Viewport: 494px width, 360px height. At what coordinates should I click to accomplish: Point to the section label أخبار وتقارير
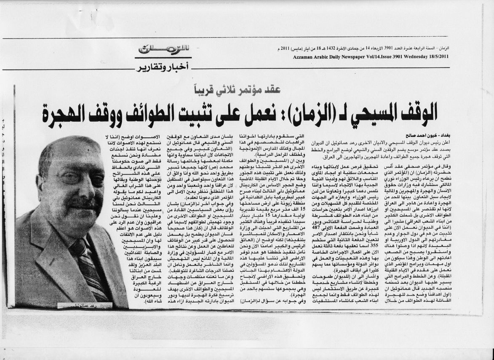coord(162,66)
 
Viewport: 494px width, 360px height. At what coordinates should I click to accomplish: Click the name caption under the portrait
coord(86,305)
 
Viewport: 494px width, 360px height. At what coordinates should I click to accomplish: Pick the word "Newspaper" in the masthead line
coord(348,56)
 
